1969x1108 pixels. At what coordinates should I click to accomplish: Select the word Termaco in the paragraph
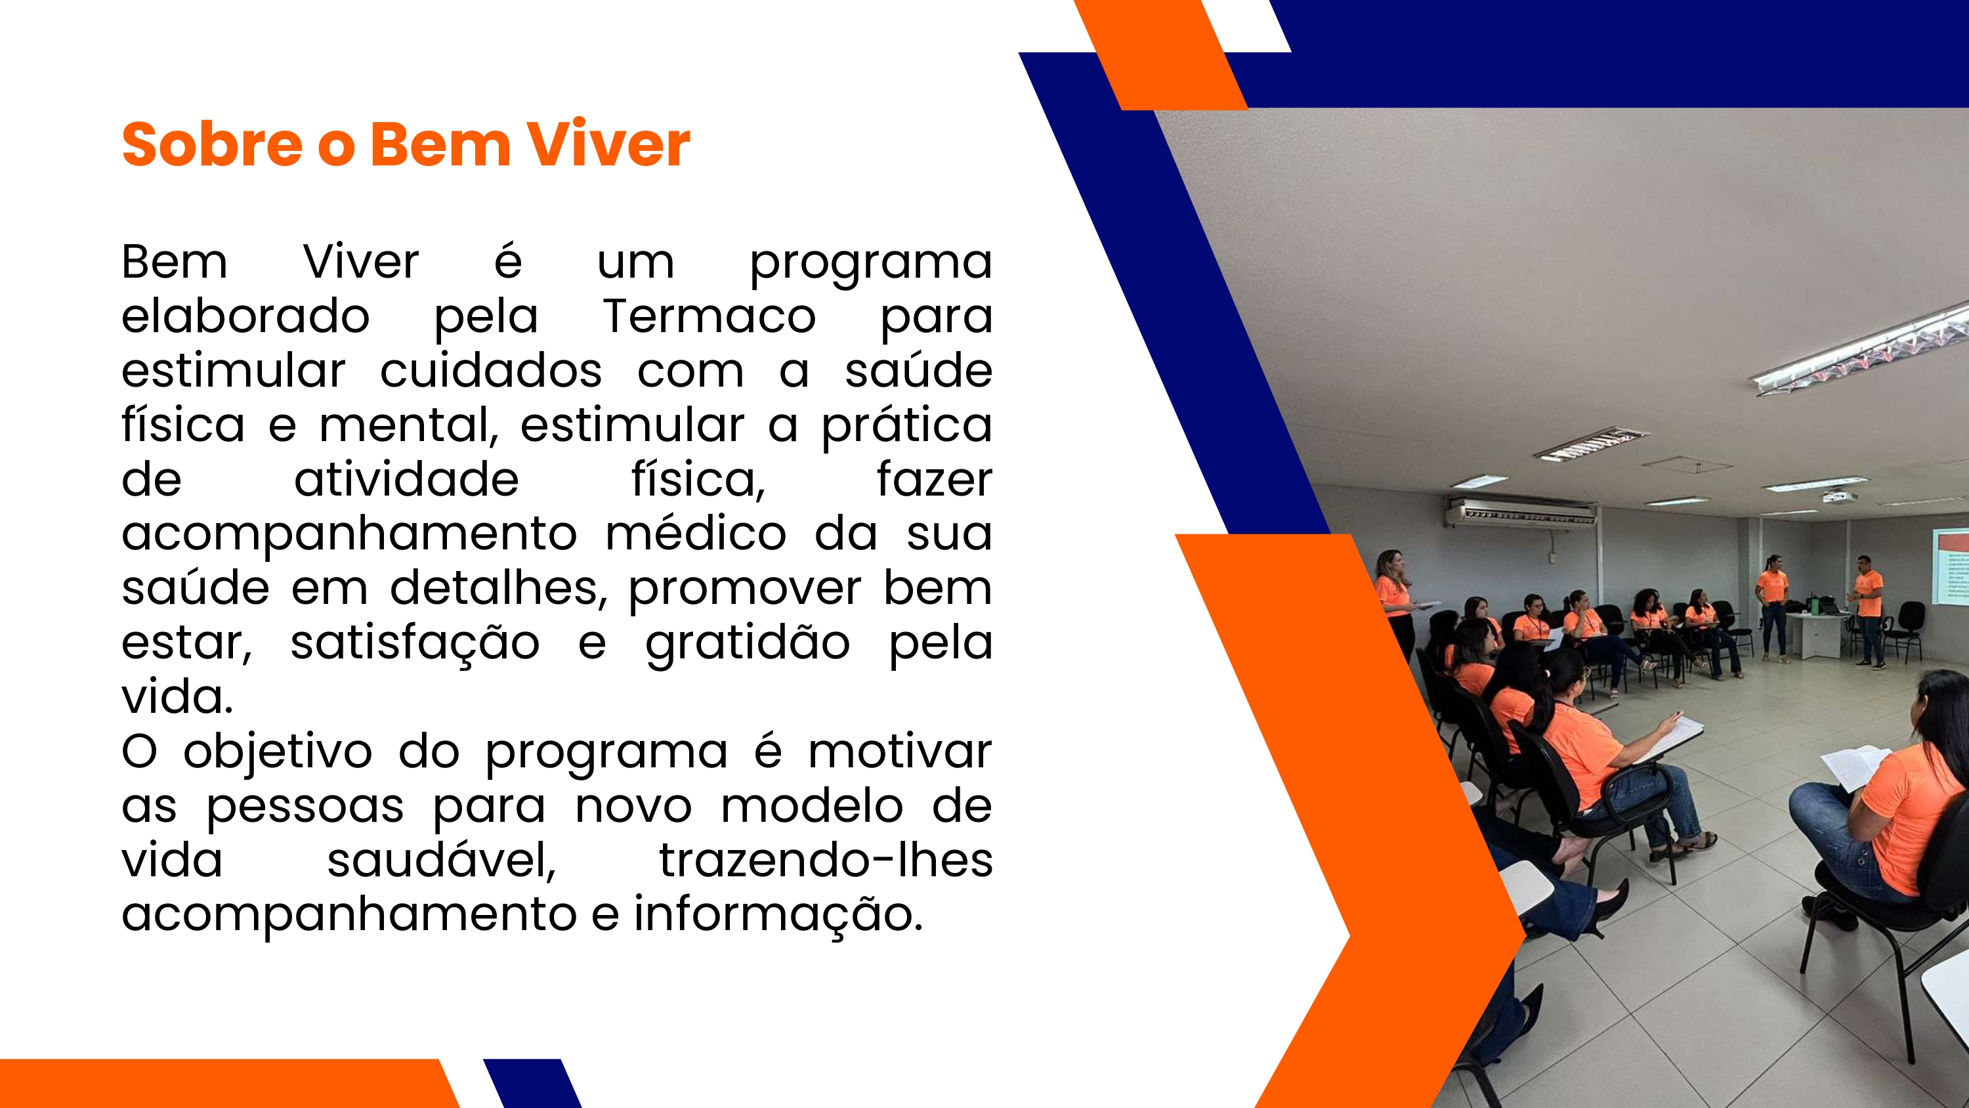[x=709, y=316]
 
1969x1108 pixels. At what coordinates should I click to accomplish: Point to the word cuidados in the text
[x=491, y=371]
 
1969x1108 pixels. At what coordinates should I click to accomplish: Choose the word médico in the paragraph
[x=696, y=534]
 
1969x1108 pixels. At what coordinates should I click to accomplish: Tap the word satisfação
[x=415, y=643]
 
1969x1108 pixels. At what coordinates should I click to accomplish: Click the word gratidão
[x=748, y=643]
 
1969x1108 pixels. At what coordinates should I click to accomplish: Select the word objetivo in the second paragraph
[x=278, y=752]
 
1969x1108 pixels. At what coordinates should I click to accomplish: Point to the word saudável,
[x=442, y=861]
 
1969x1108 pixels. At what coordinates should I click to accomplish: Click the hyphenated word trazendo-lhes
[x=826, y=861]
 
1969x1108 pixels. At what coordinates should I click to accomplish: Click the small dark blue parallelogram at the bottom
[x=533, y=1083]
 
